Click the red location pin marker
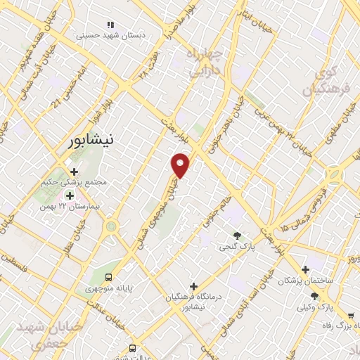181,164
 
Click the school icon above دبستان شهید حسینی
110,25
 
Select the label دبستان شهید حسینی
105,34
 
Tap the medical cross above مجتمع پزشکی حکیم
74,171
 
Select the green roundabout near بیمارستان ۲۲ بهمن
110,227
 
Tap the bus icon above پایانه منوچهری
108,276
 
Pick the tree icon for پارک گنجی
237,236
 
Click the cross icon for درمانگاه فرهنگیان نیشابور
193,285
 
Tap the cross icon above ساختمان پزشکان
304,269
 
